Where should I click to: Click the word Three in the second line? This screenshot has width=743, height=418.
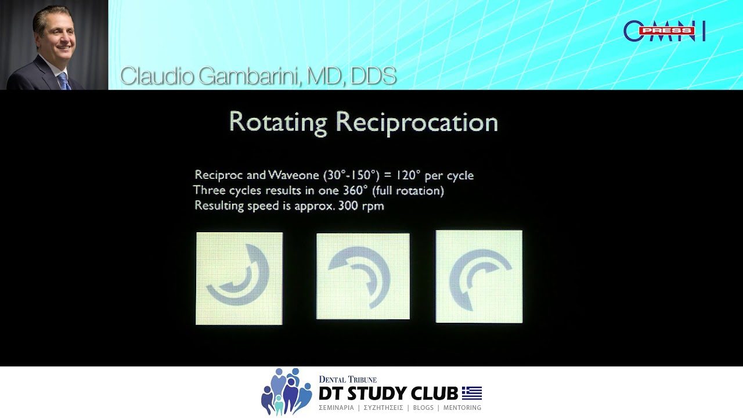pyautogui.click(x=210, y=190)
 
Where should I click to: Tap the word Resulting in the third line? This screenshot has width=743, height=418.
pyautogui.click(x=220, y=206)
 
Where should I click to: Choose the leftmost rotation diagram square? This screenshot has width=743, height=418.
pyautogui.click(x=239, y=278)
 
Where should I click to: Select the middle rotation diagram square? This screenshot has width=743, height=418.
pyautogui.click(x=363, y=276)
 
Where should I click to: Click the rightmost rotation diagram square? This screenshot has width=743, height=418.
pyautogui.click(x=479, y=276)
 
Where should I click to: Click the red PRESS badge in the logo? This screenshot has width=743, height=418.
pyautogui.click(x=667, y=31)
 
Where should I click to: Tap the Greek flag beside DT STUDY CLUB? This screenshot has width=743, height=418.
pyautogui.click(x=472, y=393)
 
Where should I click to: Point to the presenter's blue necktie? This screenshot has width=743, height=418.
pyautogui.click(x=64, y=81)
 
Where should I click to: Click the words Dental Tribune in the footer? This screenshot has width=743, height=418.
pyautogui.click(x=348, y=379)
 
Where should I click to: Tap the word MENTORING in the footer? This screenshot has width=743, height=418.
pyautogui.click(x=462, y=408)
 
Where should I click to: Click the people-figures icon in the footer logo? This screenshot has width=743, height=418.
pyautogui.click(x=286, y=392)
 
